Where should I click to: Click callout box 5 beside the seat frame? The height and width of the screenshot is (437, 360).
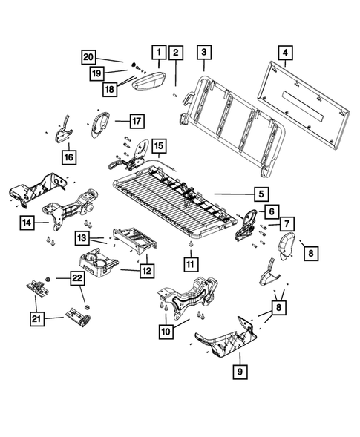[x=261, y=194]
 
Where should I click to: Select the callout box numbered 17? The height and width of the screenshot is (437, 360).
[x=137, y=119]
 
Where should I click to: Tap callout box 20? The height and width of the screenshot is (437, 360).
[x=88, y=56]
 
